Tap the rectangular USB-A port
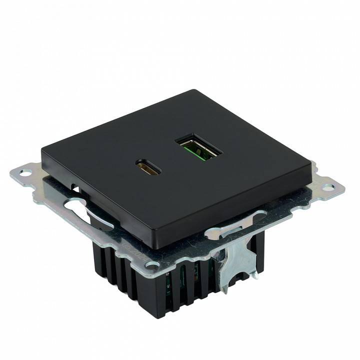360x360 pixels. click(x=197, y=146)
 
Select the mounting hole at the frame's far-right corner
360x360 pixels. click(x=327, y=188)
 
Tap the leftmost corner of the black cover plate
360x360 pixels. click(x=42, y=148)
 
